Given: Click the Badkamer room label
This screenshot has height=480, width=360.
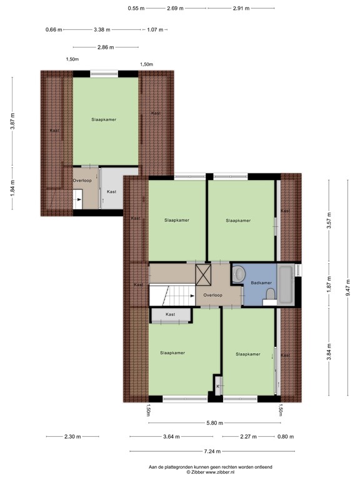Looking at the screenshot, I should (261, 283).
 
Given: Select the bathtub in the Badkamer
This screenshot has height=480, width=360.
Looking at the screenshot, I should (285, 284).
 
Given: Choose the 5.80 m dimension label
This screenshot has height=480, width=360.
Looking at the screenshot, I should (214, 423).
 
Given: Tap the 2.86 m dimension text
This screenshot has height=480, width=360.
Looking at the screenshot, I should (106, 47).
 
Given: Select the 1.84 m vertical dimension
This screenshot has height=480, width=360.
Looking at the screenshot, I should (12, 188).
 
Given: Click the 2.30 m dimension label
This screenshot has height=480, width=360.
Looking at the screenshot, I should (72, 437).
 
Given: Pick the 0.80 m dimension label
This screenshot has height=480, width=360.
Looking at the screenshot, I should (286, 437).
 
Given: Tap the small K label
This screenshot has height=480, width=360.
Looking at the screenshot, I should (218, 387).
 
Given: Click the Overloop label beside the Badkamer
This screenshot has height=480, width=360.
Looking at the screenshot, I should (214, 294).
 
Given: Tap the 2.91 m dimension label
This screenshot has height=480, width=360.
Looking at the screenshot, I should (241, 9).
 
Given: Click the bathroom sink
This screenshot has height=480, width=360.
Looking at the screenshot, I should (238, 272).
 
